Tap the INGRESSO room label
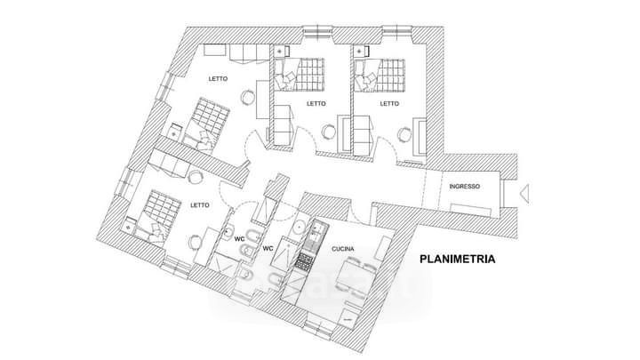465,187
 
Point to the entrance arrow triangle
525,189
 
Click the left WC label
240,238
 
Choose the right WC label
268,249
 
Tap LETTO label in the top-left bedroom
218,78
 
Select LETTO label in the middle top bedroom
316,103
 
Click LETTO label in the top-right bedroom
389,103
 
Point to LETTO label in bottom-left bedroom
200,205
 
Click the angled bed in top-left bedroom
207,120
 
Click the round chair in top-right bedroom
406,134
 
